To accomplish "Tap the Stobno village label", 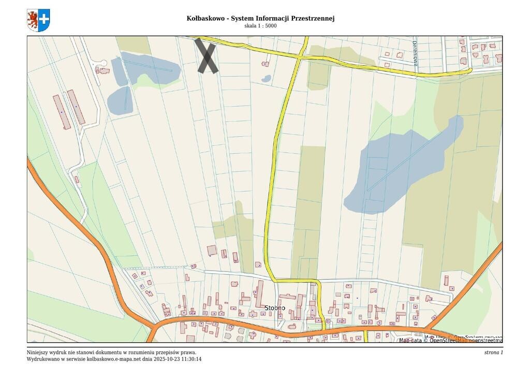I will pos(275,308).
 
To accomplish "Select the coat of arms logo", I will pos(38,20).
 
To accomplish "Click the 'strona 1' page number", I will pos(493,352).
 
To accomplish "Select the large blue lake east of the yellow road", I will pos(399,170).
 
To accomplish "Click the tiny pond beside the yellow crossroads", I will pos(266,79).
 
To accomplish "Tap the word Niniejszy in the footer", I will pos(38,352).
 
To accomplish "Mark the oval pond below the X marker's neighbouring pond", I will pos(120,100).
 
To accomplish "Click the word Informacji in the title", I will pos(272,18).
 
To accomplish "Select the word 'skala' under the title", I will pos(251,26).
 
